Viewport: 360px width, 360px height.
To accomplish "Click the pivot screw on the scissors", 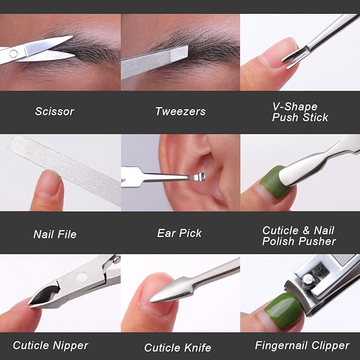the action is click(x=13, y=54).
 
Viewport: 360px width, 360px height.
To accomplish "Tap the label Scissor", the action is click(x=55, y=111).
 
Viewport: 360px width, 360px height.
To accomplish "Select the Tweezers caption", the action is click(x=180, y=111).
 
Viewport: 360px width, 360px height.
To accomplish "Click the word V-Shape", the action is click(x=295, y=106).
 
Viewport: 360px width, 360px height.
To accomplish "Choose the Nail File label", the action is click(x=55, y=234).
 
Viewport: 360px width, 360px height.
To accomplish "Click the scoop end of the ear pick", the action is click(x=198, y=177).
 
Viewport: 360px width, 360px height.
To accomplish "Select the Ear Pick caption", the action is click(x=179, y=233).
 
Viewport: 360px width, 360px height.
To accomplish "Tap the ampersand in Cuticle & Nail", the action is click(x=305, y=230).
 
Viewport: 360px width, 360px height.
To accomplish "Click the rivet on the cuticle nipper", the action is click(x=82, y=278).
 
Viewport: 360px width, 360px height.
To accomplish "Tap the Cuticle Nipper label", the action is click(x=50, y=345).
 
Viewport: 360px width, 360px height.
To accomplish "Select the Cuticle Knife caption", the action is click(x=178, y=348).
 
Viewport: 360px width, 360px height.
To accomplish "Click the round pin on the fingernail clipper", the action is click(x=308, y=281).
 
